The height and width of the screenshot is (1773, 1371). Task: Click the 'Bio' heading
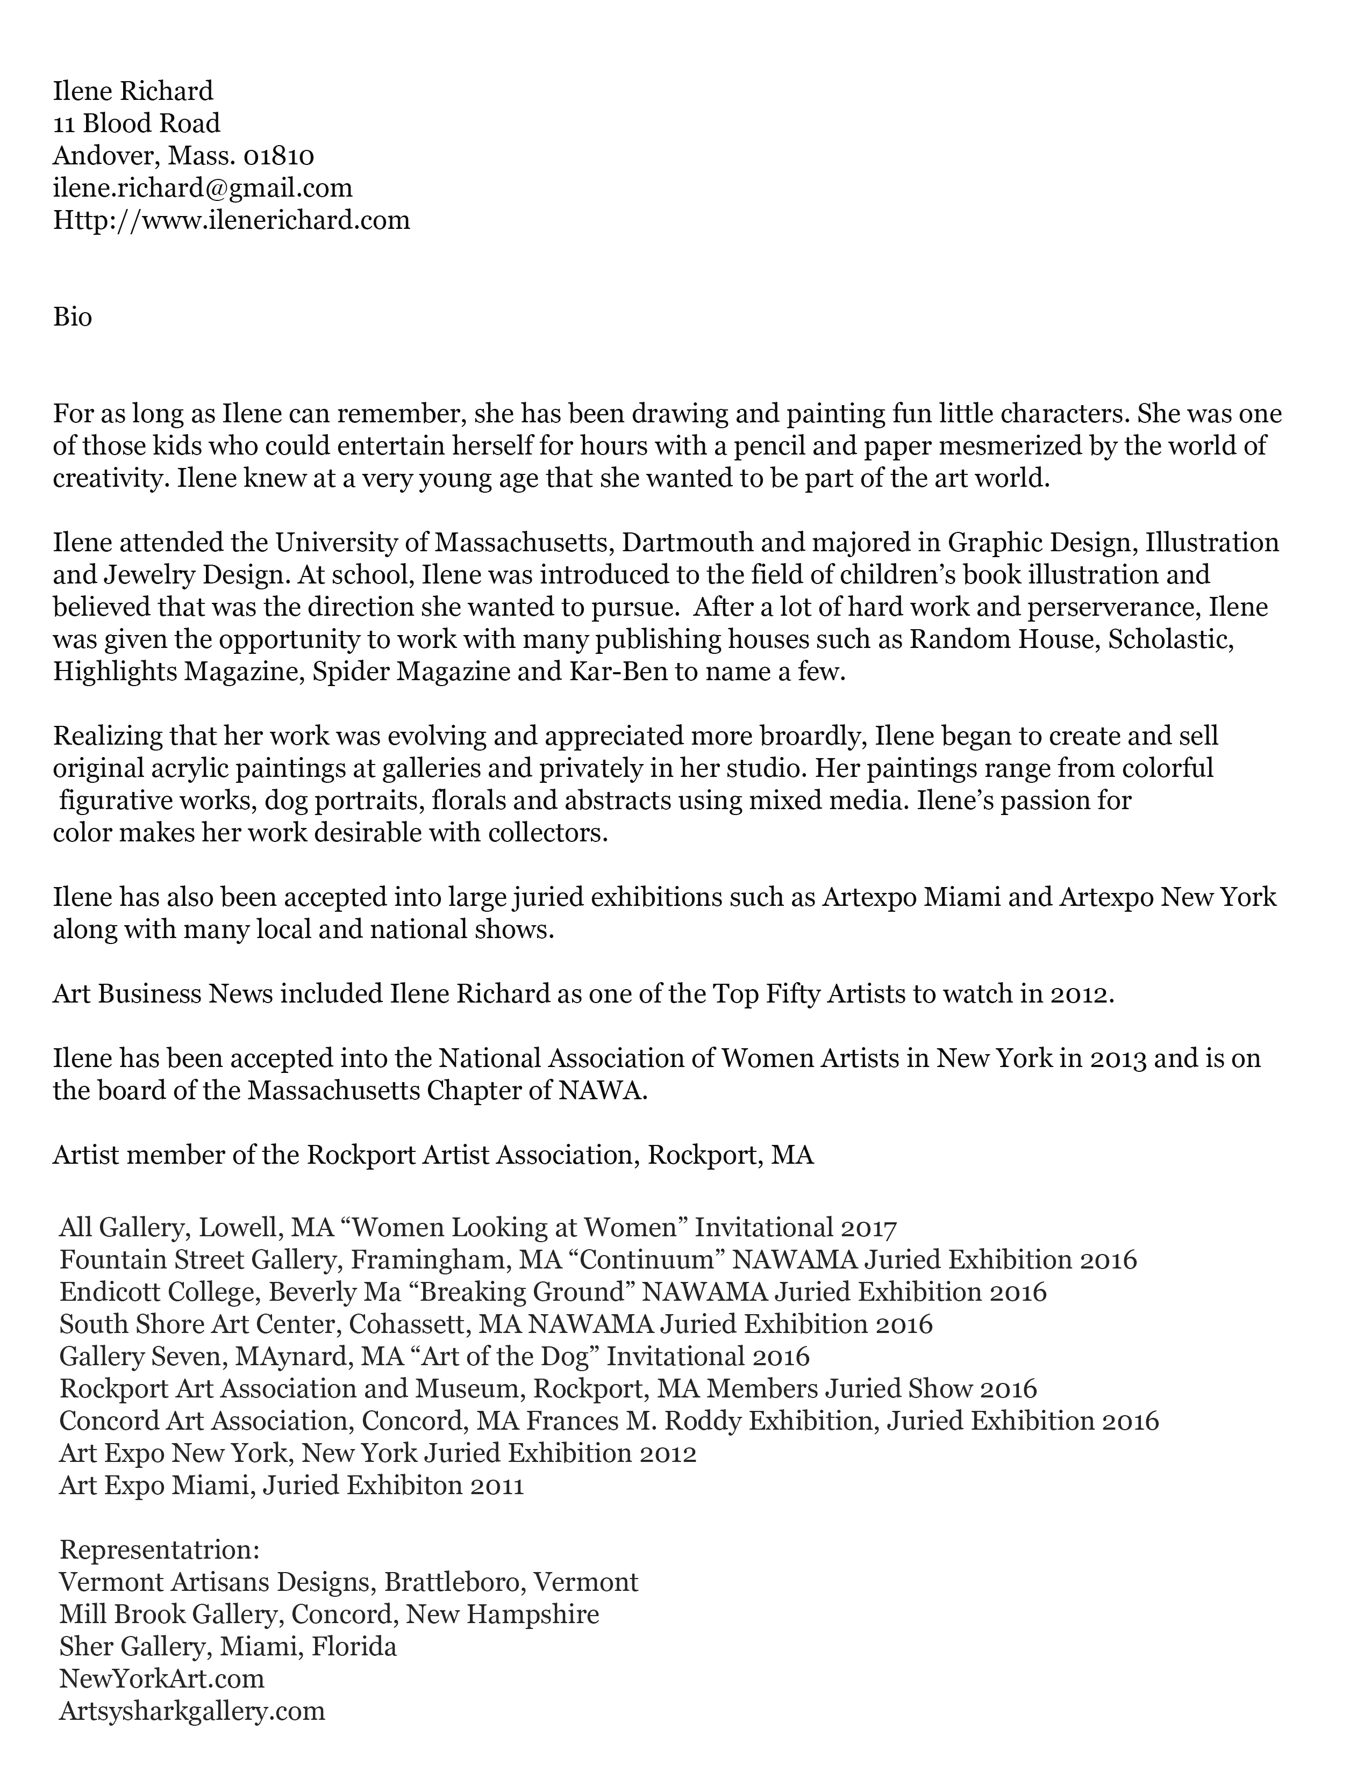click(x=72, y=316)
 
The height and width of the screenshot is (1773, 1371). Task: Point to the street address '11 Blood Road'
click(x=137, y=124)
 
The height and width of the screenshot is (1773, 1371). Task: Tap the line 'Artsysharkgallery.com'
click(x=192, y=1711)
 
